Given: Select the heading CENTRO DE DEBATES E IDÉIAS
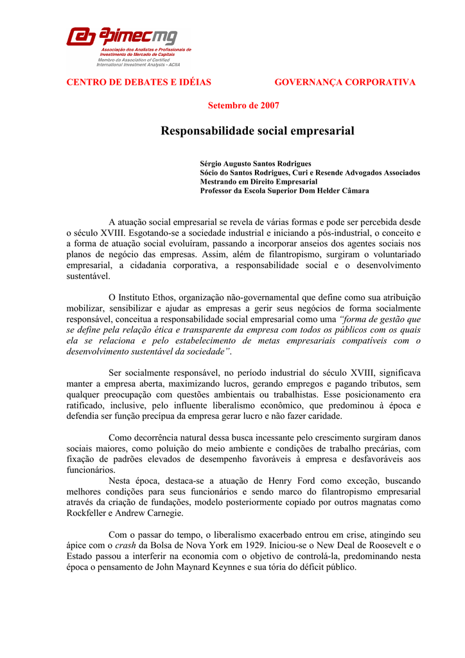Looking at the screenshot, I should click(x=139, y=82).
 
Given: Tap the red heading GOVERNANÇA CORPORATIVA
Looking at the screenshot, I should click(x=345, y=82).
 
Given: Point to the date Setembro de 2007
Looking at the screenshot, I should click(x=243, y=105).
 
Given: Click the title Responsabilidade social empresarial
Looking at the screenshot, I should click(x=257, y=131).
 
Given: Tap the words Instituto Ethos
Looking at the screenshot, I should click(x=145, y=298).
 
